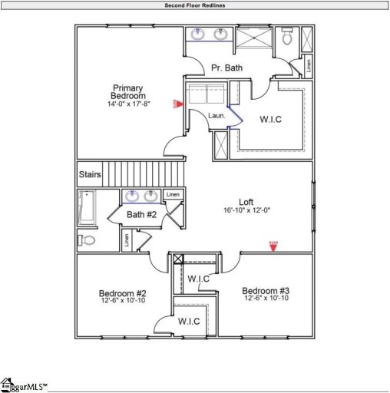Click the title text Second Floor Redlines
click(x=195, y=5)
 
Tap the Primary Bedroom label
click(x=128, y=92)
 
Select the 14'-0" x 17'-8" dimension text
click(x=128, y=104)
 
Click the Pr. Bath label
click(x=226, y=68)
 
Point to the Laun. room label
click(x=216, y=115)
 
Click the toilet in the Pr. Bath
click(x=287, y=36)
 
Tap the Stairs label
click(x=90, y=174)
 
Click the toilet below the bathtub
click(x=86, y=240)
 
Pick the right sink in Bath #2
click(x=151, y=196)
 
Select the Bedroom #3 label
click(x=266, y=290)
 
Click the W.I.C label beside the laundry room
click(x=273, y=119)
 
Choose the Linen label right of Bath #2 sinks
click(x=174, y=194)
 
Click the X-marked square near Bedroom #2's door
click(x=178, y=259)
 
